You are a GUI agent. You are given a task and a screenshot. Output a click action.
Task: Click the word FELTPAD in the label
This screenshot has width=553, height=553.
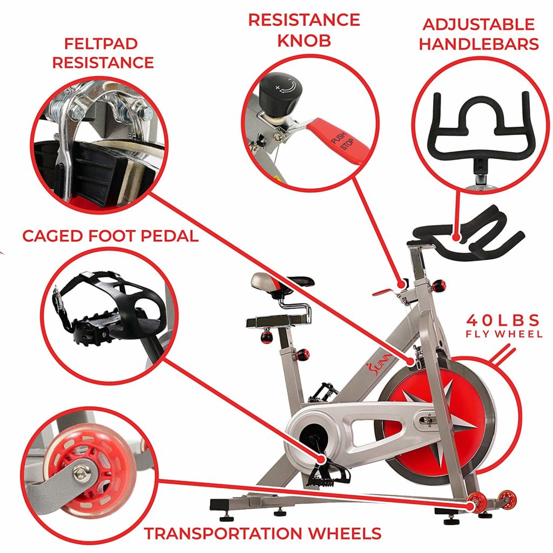pos(101,44)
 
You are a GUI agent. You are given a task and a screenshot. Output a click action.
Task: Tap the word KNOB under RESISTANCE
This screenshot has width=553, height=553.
pos(304,41)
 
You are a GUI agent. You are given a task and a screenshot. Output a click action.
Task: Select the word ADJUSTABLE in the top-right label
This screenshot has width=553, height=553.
pos(478,25)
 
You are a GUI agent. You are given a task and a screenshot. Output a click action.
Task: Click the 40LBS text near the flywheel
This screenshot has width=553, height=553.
pos(503,321)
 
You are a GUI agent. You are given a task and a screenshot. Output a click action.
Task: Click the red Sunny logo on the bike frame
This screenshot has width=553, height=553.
pos(379,364)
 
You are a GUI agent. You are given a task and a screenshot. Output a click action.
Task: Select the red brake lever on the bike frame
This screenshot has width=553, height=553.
pos(385,292)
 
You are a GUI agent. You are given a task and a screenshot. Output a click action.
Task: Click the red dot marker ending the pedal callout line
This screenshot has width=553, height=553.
pos(322,459)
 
